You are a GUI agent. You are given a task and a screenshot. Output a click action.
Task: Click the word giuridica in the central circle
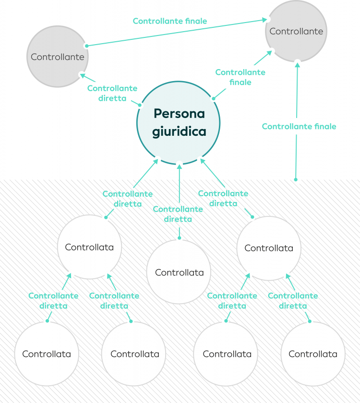(x=179, y=132)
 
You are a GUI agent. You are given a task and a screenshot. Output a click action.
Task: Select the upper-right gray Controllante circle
(x=296, y=31)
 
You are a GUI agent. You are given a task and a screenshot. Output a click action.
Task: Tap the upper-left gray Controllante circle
(x=58, y=57)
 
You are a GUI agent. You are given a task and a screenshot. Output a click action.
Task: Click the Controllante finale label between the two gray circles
(x=170, y=21)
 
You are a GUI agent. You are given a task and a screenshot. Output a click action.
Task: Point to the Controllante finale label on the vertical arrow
(x=299, y=127)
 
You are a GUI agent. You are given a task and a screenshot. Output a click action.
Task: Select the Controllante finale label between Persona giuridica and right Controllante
(x=240, y=77)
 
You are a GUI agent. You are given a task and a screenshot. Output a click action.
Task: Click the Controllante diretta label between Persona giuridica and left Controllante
(x=112, y=93)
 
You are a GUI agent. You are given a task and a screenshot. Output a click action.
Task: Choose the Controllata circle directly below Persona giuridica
(x=179, y=272)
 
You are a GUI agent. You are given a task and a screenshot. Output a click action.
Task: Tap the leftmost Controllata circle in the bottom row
(x=47, y=354)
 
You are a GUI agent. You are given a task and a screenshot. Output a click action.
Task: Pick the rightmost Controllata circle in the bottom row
(x=313, y=354)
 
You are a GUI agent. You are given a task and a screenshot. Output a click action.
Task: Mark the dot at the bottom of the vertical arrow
(x=296, y=179)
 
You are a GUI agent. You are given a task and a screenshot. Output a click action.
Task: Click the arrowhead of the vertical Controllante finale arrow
(x=298, y=64)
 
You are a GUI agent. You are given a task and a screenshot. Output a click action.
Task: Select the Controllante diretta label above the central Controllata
(x=178, y=214)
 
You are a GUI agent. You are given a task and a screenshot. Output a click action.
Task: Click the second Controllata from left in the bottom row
(x=135, y=354)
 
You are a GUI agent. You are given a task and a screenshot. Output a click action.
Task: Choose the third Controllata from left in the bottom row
(x=227, y=354)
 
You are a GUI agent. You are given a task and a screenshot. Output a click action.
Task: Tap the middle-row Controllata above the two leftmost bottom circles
(x=89, y=247)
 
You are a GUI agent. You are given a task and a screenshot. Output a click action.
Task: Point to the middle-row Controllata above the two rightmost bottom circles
(x=269, y=248)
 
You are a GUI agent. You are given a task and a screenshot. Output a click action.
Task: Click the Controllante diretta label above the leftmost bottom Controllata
(x=53, y=300)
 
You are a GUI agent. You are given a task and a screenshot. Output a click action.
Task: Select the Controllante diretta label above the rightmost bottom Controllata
(x=293, y=300)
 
